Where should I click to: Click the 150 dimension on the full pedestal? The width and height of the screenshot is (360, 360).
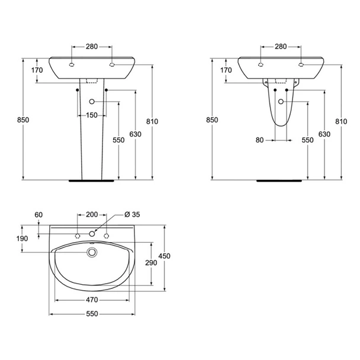pos(92,115)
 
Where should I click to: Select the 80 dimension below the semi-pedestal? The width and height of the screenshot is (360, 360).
pos(259,140)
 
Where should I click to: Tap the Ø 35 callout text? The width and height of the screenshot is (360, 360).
pos(132,214)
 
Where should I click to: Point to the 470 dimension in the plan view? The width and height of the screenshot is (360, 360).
pos(92,300)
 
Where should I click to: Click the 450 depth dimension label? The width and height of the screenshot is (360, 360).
pos(165,256)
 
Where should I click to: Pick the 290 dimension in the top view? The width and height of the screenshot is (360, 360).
pos(151,262)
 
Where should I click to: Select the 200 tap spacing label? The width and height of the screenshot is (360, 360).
pos(92,214)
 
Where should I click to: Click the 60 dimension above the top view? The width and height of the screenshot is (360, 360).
pos(38,215)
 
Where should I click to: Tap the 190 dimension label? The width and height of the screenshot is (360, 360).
pos(22,239)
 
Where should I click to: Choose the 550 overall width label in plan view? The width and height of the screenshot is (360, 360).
pos(92,314)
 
